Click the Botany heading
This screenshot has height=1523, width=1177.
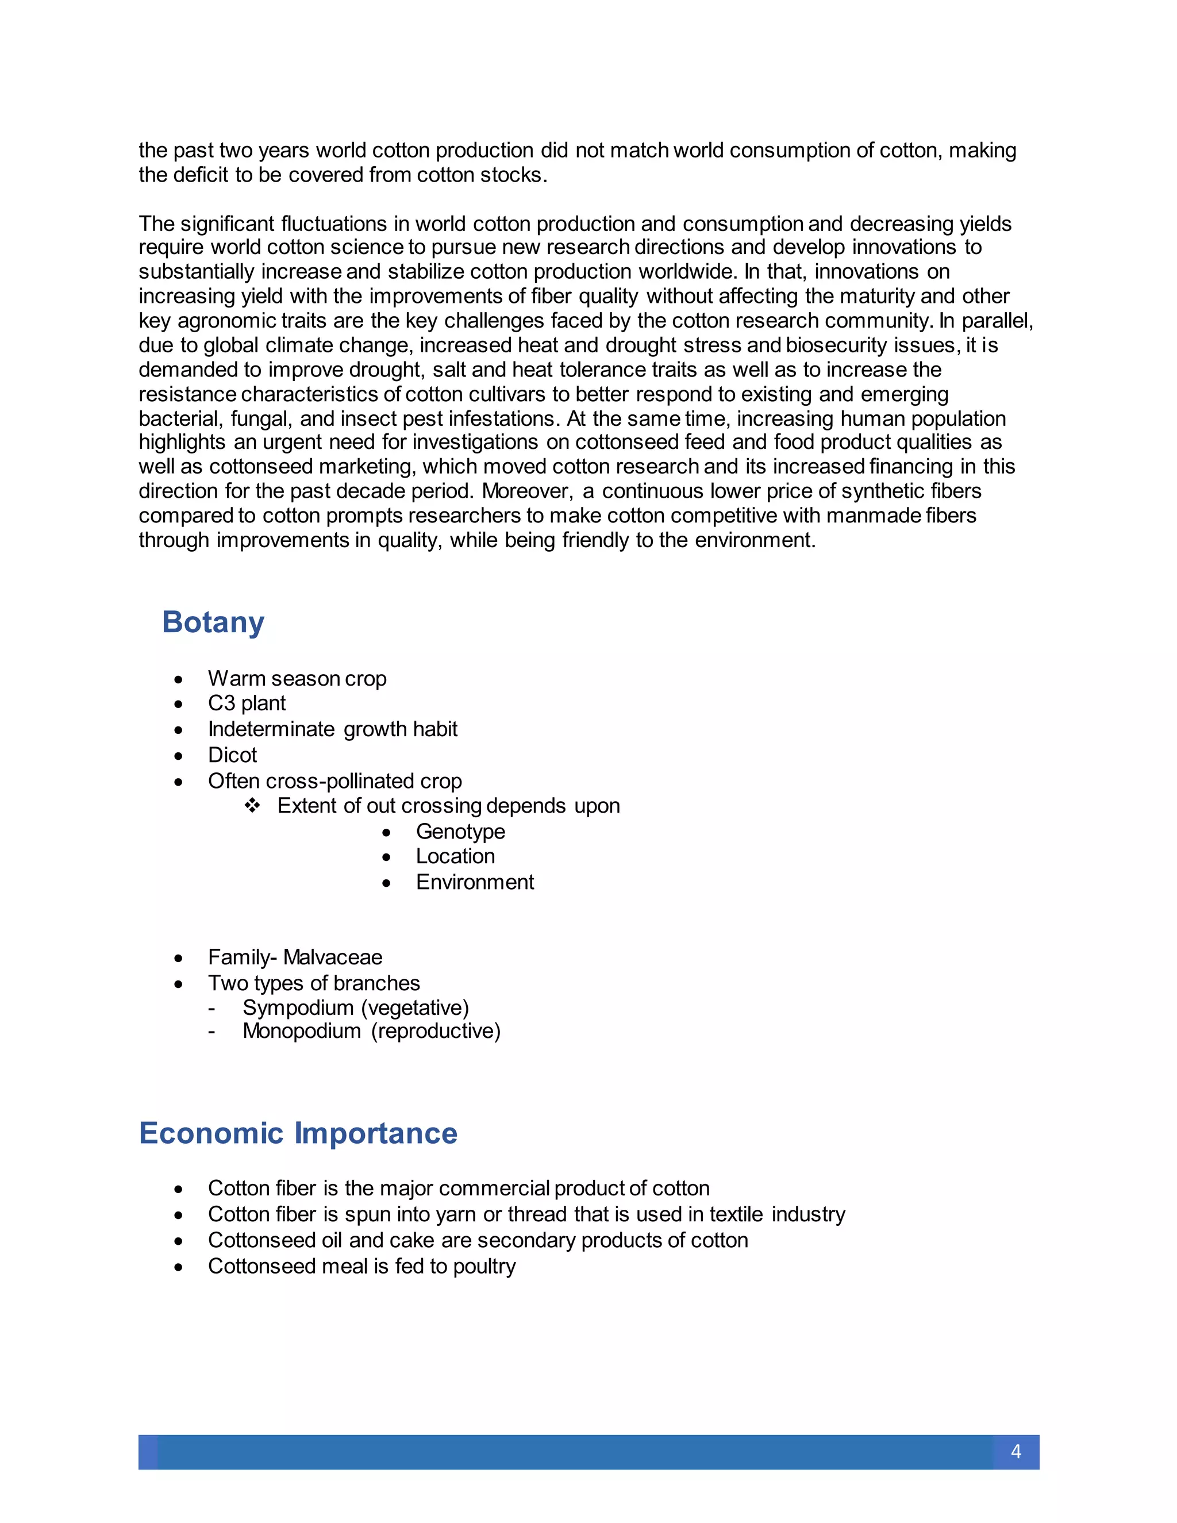(x=213, y=621)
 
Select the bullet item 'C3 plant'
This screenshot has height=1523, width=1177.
(x=246, y=703)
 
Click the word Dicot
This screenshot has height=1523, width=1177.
(x=232, y=755)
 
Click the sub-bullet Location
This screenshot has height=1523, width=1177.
(x=455, y=856)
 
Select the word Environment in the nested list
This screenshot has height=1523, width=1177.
(x=475, y=882)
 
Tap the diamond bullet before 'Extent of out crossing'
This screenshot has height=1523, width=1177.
(x=252, y=805)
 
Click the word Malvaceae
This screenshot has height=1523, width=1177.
(x=333, y=957)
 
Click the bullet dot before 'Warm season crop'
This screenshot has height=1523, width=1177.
(x=179, y=679)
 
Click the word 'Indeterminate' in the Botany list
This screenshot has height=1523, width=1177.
(x=271, y=729)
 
